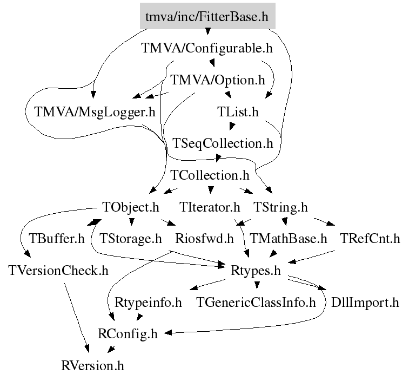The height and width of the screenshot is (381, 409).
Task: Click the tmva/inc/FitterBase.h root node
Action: tap(207, 16)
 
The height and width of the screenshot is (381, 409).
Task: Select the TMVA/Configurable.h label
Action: tap(207, 48)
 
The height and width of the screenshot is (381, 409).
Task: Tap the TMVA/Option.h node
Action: tap(218, 80)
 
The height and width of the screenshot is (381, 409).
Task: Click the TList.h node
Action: tap(238, 112)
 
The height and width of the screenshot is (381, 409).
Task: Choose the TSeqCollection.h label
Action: tap(223, 144)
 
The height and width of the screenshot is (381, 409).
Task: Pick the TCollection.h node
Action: tap(210, 175)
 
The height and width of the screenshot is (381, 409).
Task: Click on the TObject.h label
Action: tap(131, 207)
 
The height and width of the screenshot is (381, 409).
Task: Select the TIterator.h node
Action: tap(210, 207)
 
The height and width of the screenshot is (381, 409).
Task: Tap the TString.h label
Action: tap(280, 207)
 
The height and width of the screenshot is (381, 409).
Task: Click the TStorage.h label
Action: tap(131, 239)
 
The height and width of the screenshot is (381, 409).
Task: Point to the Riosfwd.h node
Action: tap(204, 239)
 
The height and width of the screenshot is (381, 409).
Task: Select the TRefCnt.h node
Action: tap(370, 239)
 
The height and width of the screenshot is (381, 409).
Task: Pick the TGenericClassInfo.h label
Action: tap(256, 302)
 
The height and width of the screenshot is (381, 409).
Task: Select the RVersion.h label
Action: tap(92, 365)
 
